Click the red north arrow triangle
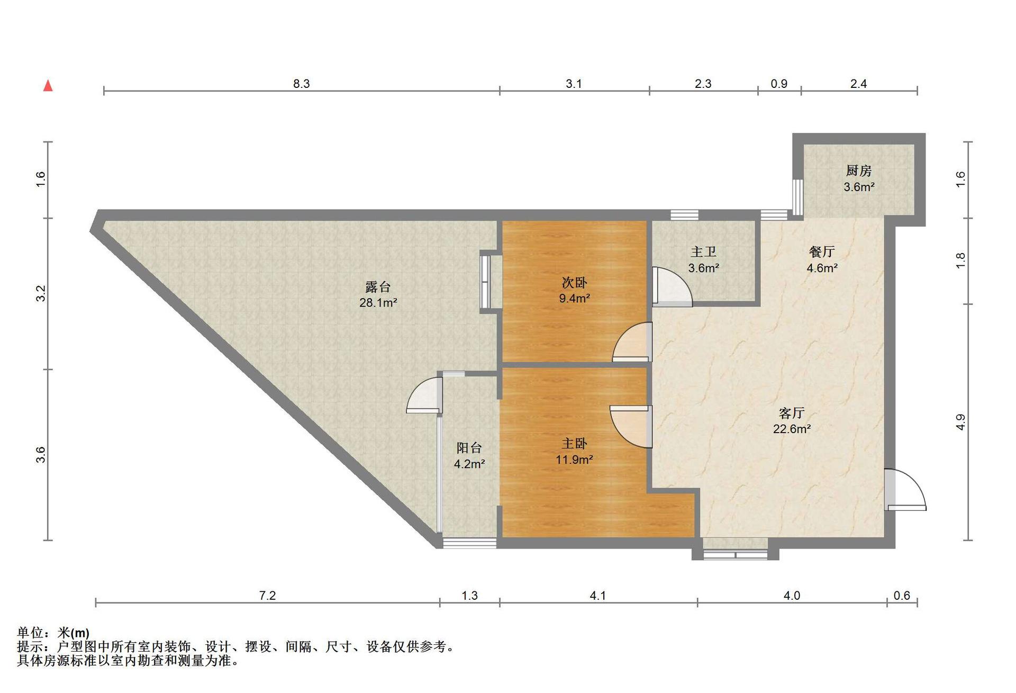[48, 85]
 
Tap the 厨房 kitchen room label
[858, 170]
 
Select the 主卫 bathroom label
[703, 252]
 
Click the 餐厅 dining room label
[822, 251]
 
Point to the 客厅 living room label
[792, 412]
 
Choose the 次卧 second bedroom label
[574, 282]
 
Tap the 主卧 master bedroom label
[574, 443]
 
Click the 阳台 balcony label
[469, 448]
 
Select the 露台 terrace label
[378, 287]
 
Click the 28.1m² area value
[378, 303]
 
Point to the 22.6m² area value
[792, 429]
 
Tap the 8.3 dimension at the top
[301, 84]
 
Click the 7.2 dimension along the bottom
[267, 596]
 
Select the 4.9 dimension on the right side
[960, 422]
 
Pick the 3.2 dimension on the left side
[41, 293]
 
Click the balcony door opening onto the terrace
[424, 395]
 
